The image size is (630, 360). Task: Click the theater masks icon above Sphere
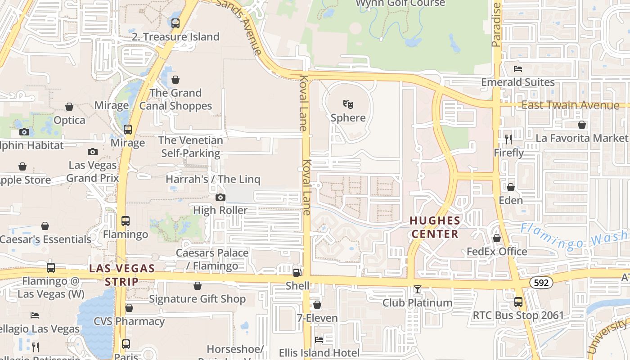tap(348, 104)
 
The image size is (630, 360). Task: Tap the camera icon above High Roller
tap(220, 197)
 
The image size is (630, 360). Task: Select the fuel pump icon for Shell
tap(297, 272)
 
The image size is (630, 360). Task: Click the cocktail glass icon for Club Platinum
tap(418, 289)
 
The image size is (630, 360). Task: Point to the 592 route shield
tap(540, 283)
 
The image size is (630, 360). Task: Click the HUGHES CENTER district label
tap(435, 227)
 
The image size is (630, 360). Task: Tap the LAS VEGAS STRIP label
tap(122, 275)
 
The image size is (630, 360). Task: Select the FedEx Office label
tap(497, 252)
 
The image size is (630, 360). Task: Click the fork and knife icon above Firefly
tap(508, 139)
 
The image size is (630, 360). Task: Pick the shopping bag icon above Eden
tap(511, 187)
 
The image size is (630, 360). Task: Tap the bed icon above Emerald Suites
tap(518, 69)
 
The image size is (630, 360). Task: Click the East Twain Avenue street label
tap(570, 105)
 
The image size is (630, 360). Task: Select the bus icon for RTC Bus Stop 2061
tap(518, 301)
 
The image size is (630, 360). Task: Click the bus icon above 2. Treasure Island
tap(175, 23)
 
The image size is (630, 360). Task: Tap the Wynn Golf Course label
tap(400, 3)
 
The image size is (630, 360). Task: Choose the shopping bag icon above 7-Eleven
tap(317, 305)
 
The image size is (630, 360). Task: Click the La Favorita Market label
tap(581, 138)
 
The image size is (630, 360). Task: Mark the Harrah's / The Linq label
tap(213, 179)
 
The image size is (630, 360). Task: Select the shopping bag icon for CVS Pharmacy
tap(129, 308)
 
